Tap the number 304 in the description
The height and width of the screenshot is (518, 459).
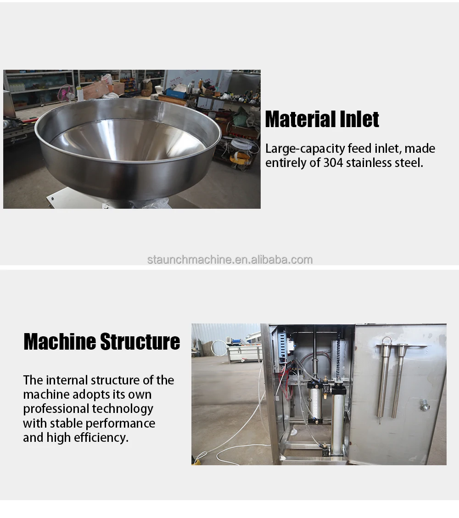coord(333,162)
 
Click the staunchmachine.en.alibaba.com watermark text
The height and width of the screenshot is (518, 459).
coord(229,260)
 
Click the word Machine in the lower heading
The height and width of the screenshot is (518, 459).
coord(60,342)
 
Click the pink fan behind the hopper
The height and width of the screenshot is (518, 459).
coord(66,93)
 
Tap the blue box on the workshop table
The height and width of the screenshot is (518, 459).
coord(176,93)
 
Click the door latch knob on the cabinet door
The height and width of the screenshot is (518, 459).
coord(425,405)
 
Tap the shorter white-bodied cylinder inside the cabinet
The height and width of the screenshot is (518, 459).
coord(314,401)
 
